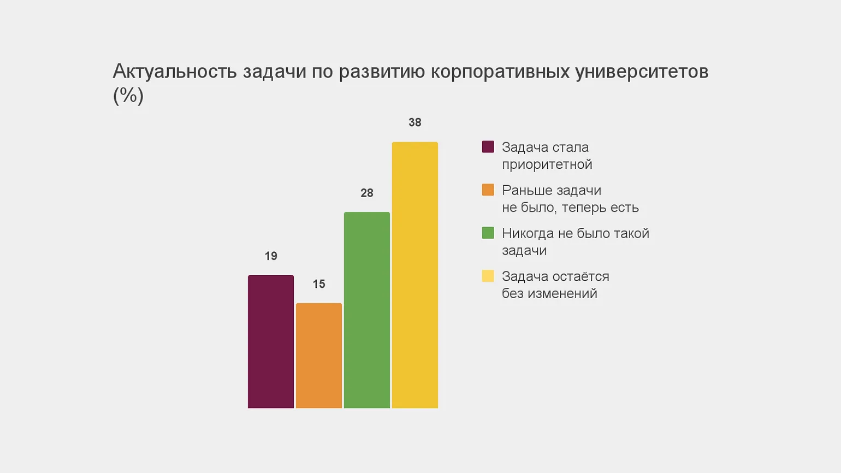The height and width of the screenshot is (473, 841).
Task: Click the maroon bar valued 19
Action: [x=271, y=341]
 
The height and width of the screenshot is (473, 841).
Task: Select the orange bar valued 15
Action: [x=319, y=356]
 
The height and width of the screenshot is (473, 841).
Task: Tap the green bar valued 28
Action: [x=367, y=310]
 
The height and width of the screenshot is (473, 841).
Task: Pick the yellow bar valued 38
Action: [x=415, y=275]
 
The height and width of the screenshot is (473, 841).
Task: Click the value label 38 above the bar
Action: [x=415, y=122]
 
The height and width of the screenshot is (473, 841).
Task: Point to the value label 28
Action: [x=367, y=193]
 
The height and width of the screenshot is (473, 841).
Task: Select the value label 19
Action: [x=271, y=256]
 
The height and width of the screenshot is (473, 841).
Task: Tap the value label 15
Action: [x=319, y=284]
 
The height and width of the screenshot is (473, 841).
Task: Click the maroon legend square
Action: [x=488, y=146]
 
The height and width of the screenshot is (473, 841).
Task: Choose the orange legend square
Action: [x=488, y=190]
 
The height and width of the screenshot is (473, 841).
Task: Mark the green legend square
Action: [x=488, y=233]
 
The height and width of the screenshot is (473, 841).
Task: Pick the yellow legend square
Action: [x=488, y=276]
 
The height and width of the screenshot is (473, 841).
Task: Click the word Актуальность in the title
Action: [x=175, y=72]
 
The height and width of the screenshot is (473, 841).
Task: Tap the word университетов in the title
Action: [x=642, y=72]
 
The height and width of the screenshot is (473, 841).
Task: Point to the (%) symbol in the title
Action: [x=128, y=96]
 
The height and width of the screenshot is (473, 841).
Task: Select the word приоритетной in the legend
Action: [x=547, y=164]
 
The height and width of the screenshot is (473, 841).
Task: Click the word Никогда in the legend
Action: [x=527, y=233]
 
